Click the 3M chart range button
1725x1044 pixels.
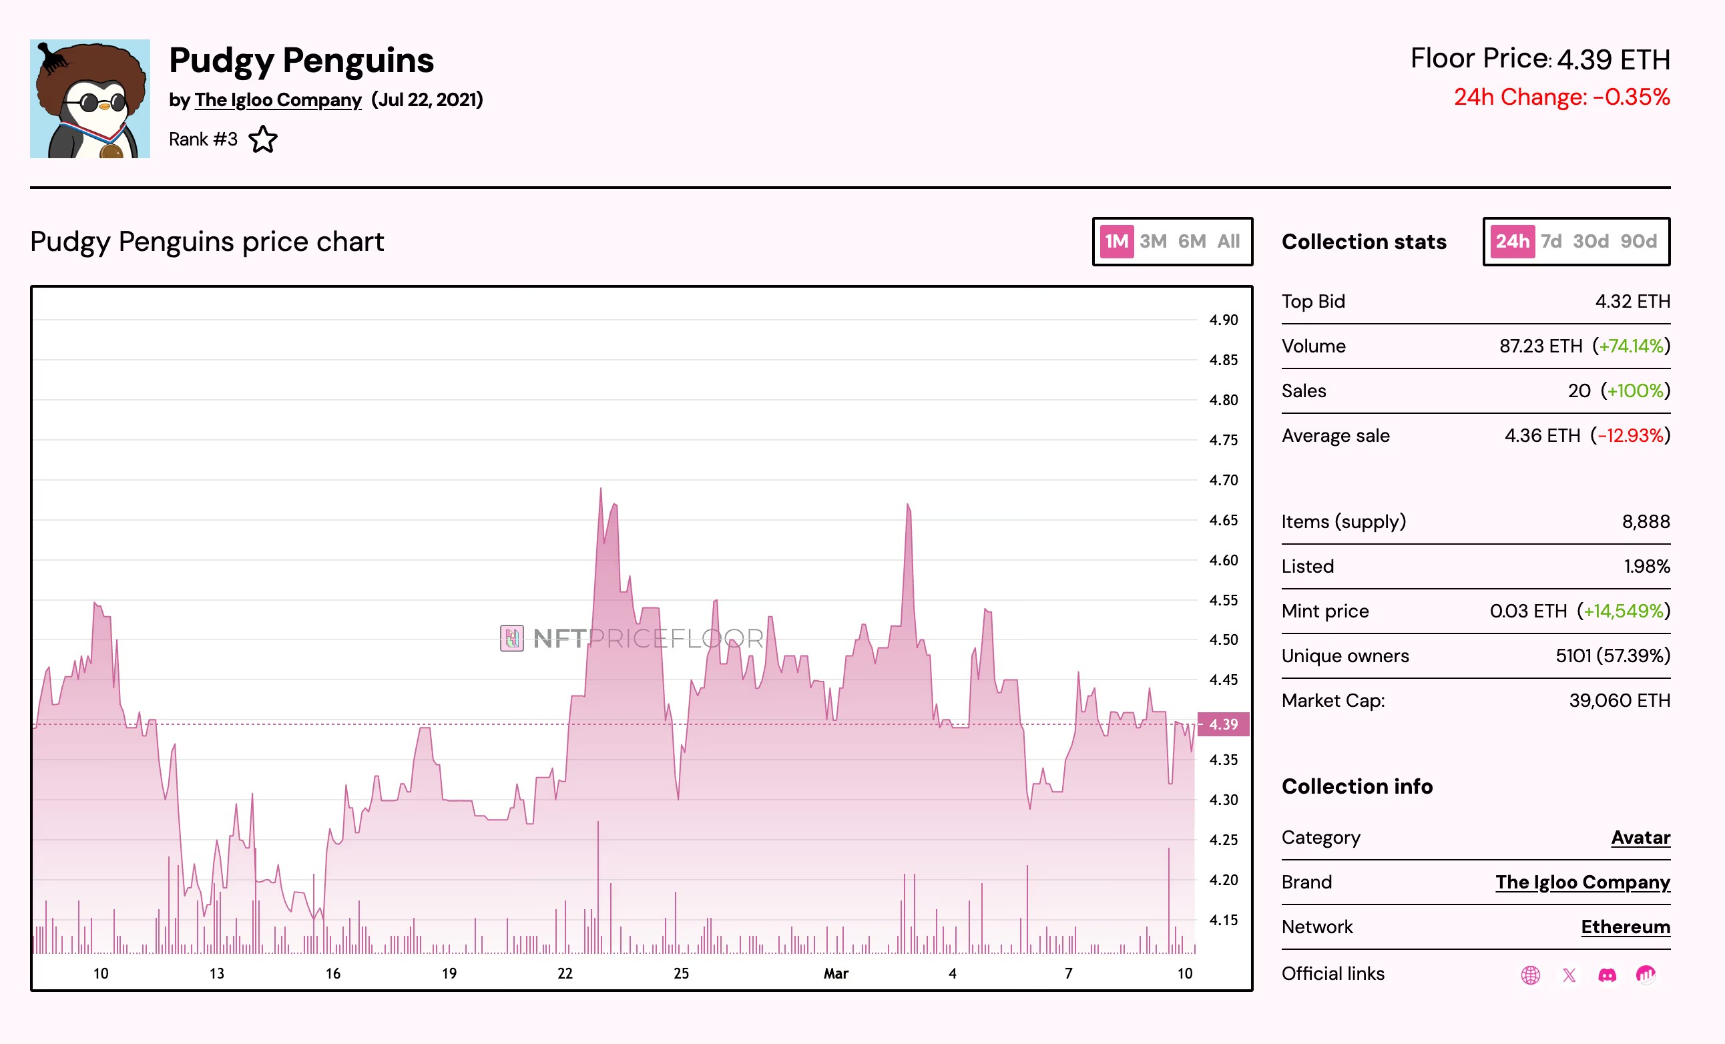pos(1152,242)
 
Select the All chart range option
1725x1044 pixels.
pos(1228,242)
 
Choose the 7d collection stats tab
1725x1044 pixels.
pos(1551,242)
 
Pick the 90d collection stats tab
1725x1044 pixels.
pos(1638,242)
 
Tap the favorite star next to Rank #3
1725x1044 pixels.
pos(263,140)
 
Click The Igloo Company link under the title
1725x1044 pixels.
pos(277,99)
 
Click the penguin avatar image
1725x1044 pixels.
pos(89,99)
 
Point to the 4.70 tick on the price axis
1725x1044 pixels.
pos(1223,481)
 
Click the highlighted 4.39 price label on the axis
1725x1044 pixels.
pos(1223,724)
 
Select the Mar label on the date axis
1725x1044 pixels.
pos(835,973)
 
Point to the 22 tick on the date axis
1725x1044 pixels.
pos(565,973)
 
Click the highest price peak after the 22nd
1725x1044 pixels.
pos(601,489)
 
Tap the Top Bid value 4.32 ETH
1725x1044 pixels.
pos(1632,301)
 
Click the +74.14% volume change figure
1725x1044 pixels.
pos(1630,346)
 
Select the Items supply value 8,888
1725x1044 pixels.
pos(1645,521)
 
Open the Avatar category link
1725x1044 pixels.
pos(1640,838)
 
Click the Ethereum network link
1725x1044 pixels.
pos(1625,927)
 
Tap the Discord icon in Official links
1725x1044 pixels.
pos(1608,975)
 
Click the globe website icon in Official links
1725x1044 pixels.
pos(1530,975)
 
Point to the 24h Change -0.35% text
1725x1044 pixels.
pos(1561,97)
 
